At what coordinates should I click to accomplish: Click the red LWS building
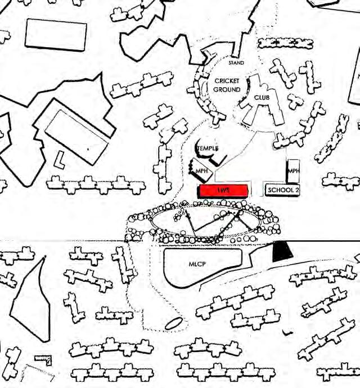[x=223, y=190]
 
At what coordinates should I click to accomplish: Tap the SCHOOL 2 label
[x=283, y=190]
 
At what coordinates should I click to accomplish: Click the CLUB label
[x=262, y=97]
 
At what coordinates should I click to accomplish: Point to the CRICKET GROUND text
[x=227, y=85]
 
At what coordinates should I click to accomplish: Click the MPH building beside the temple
[x=201, y=168]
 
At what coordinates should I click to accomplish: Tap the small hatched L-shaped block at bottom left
[x=43, y=359]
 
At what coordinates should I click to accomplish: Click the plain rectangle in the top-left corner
[x=56, y=34]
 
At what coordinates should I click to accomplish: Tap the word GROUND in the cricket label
[x=227, y=89]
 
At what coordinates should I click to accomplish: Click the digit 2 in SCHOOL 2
[x=297, y=190]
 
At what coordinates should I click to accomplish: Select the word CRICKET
[x=227, y=81]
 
